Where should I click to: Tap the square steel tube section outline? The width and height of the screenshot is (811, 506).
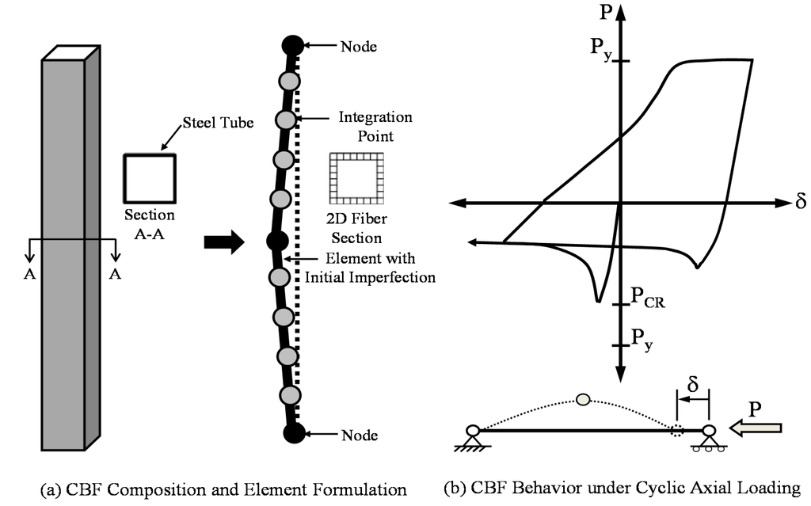149,179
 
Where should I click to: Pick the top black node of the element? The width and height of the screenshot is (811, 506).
293,46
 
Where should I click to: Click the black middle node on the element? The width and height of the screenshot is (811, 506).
276,240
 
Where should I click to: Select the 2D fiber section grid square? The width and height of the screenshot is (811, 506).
356,179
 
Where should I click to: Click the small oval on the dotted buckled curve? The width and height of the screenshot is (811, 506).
584,400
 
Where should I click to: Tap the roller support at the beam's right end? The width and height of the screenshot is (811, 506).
709,438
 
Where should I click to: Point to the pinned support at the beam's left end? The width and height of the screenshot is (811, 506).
473,438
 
